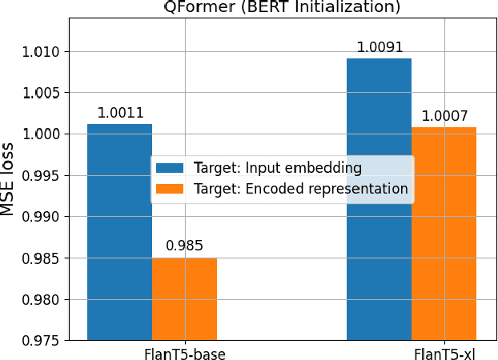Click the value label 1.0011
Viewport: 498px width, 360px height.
coord(119,113)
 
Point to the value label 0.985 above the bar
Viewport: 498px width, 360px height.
coord(184,246)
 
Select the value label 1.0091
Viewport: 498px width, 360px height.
coord(379,47)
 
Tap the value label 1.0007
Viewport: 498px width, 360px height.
coord(444,116)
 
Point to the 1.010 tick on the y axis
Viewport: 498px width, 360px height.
coord(45,52)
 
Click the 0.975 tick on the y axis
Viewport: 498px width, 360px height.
coord(45,341)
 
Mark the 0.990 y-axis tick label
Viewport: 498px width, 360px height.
coord(45,217)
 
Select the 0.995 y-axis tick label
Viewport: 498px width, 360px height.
coord(45,176)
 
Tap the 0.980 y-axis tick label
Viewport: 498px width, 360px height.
coord(45,300)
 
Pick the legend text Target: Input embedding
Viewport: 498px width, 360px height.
coord(303,168)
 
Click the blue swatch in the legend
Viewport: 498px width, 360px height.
coord(170,168)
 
